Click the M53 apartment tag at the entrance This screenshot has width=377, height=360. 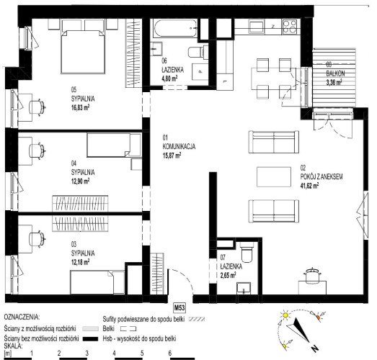(179, 307)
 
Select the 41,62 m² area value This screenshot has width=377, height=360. (310, 185)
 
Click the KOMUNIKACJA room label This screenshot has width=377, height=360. (179, 146)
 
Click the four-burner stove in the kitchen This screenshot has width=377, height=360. (290, 27)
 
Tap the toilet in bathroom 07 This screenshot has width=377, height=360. (247, 252)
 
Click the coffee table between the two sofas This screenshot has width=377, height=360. (274, 176)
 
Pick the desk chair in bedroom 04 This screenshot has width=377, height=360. (37, 150)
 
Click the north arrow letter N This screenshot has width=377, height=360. (314, 348)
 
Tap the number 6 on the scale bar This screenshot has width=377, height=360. (170, 353)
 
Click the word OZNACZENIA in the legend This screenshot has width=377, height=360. (22, 317)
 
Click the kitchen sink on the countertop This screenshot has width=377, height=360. (257, 27)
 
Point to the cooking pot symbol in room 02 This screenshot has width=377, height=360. (312, 274)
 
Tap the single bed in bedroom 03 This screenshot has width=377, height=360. (97, 282)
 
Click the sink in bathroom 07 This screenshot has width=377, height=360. (244, 288)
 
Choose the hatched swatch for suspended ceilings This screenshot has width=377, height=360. (197, 320)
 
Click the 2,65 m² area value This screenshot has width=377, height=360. (229, 275)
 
